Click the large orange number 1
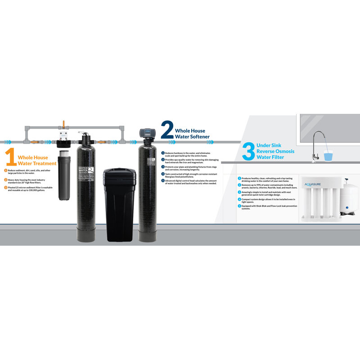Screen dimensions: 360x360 click(x=11, y=158)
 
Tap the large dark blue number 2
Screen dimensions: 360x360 click(x=167, y=130)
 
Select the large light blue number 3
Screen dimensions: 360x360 click(x=248, y=151)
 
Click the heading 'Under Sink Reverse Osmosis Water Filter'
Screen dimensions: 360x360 click(x=275, y=151)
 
